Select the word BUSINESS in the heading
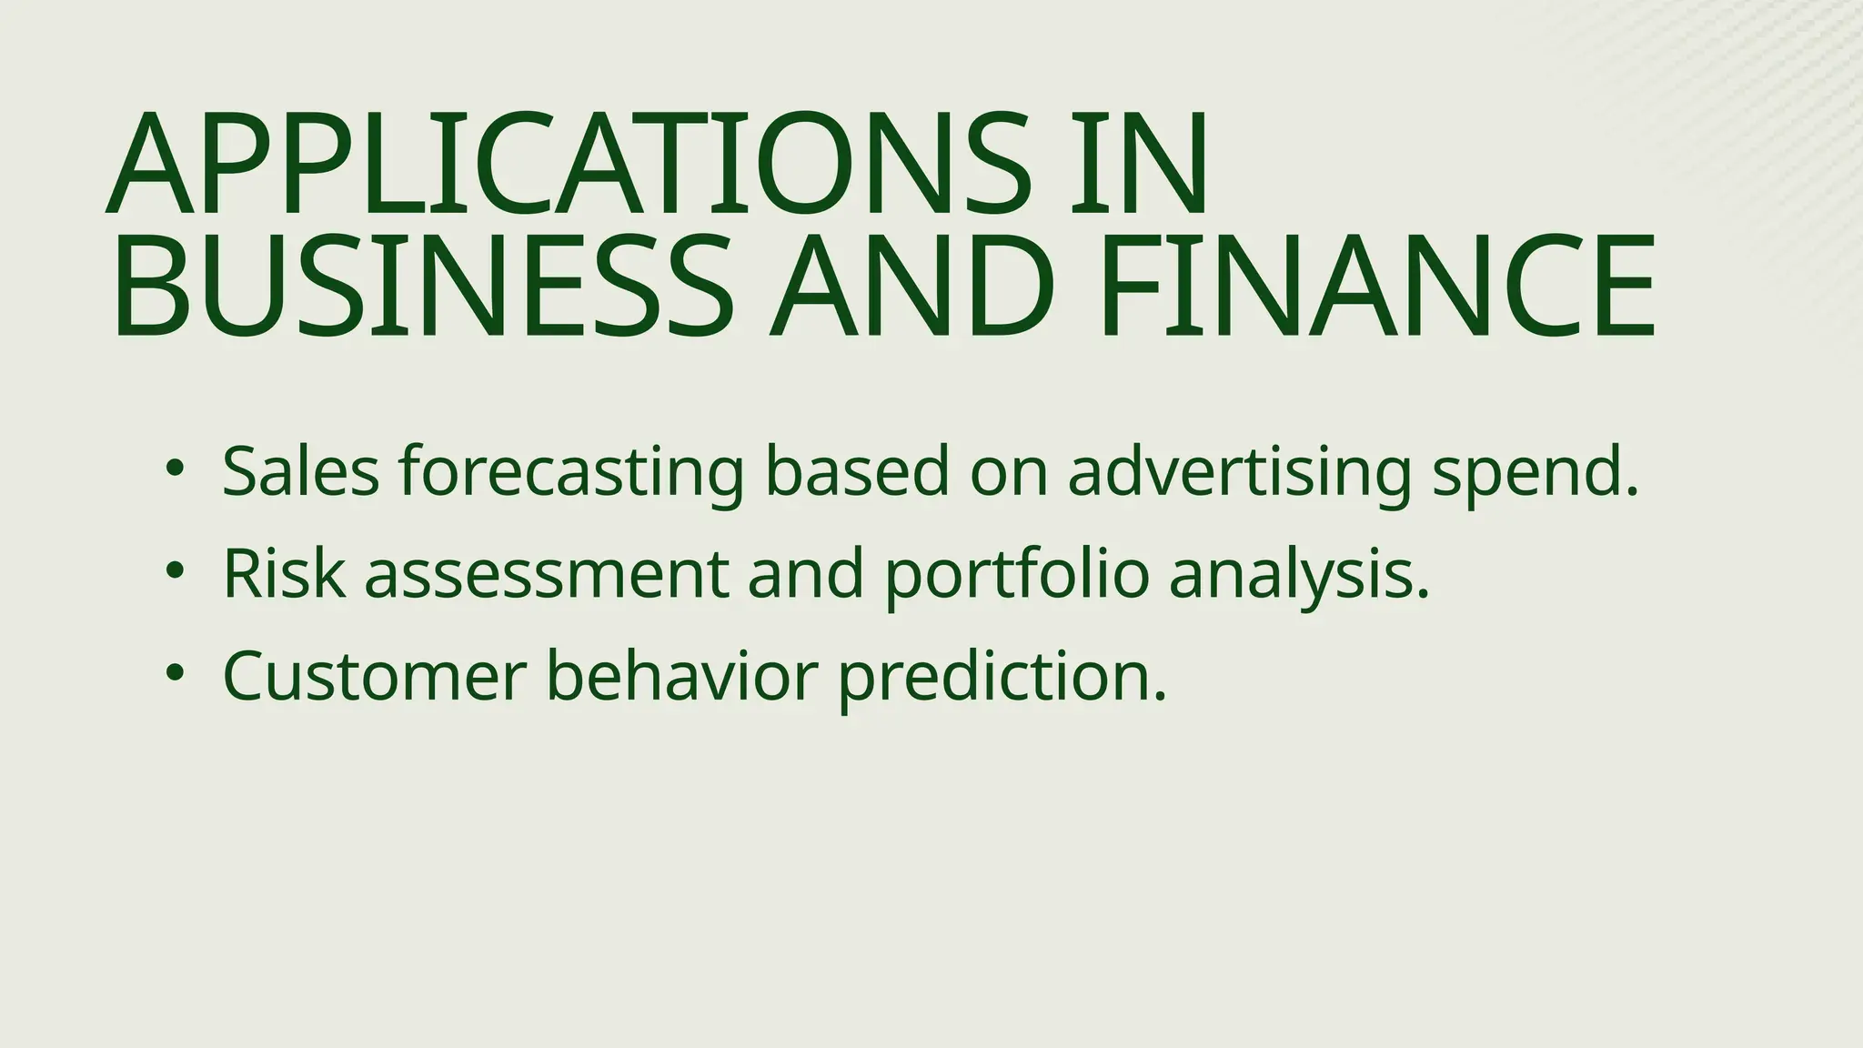click(422, 287)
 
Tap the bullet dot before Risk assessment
click(175, 572)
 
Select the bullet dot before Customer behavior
click(175, 674)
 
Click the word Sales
click(300, 472)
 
